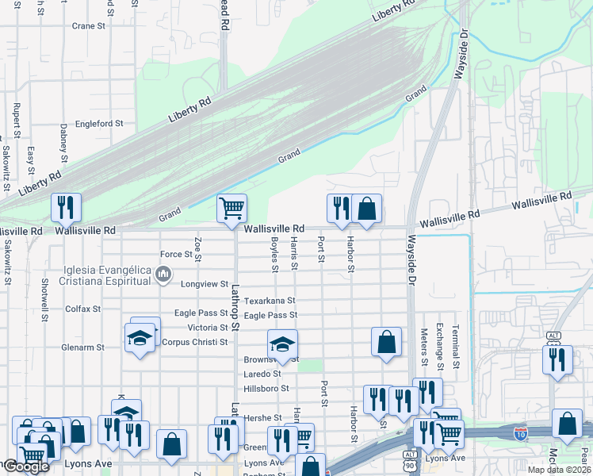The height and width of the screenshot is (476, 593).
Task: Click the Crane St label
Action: (x=89, y=26)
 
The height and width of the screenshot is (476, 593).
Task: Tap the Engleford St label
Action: (x=99, y=124)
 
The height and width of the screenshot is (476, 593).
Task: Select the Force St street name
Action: (x=177, y=255)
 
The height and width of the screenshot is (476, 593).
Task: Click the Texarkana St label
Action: (x=270, y=301)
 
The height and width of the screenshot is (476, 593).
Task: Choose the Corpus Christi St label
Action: (x=194, y=343)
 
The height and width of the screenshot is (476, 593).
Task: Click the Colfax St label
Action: (x=83, y=309)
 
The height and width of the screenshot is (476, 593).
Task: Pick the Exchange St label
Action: (x=438, y=347)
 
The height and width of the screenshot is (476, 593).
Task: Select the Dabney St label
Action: (x=63, y=140)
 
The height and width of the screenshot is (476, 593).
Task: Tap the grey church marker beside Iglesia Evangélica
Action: (x=164, y=275)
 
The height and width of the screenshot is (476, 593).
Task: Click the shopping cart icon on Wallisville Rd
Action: (x=231, y=208)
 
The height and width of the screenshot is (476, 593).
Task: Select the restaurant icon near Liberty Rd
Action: (x=66, y=208)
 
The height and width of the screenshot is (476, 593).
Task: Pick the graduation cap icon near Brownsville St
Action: (x=282, y=344)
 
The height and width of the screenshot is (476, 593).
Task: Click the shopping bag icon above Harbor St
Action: (x=366, y=208)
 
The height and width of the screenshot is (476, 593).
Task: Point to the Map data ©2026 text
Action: (x=559, y=470)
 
